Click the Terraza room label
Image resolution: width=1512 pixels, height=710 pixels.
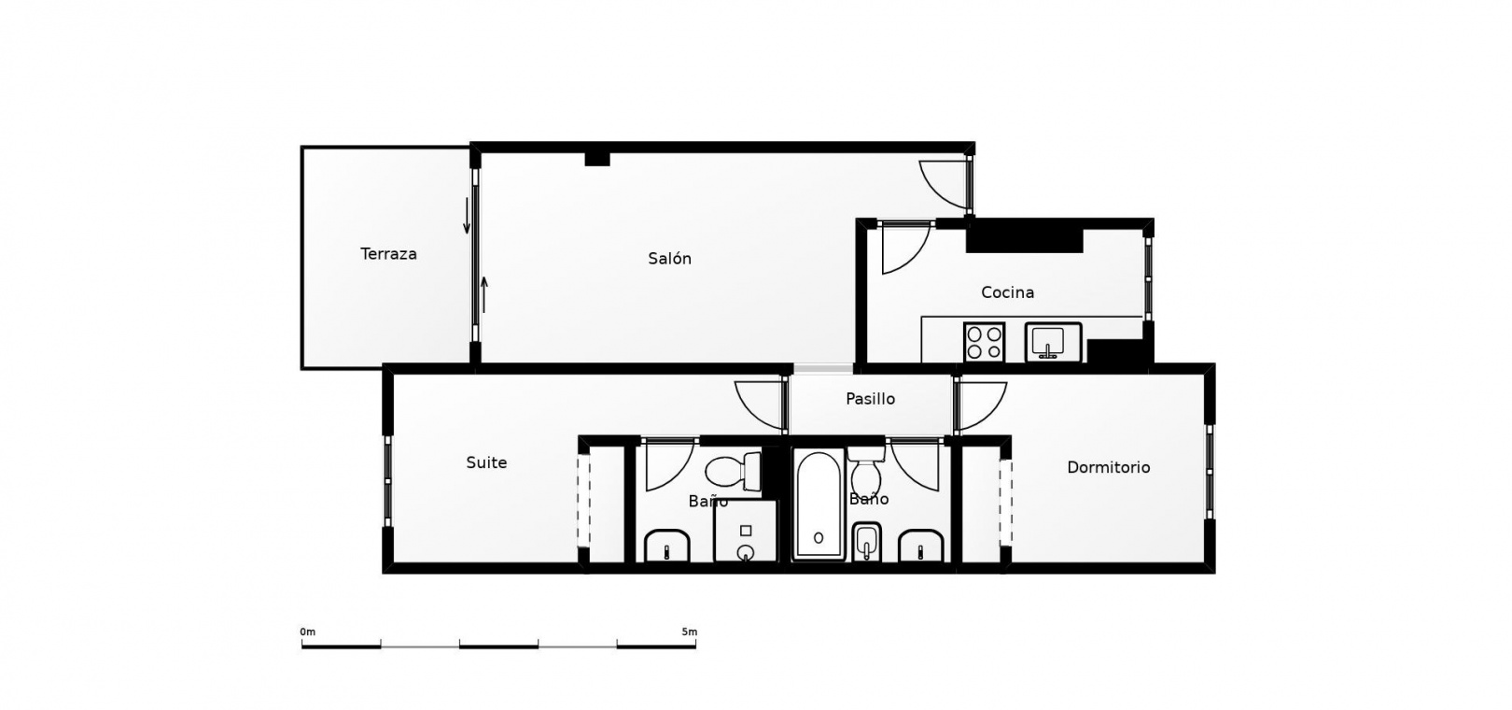point(388,254)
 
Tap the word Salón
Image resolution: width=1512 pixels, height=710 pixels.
point(669,258)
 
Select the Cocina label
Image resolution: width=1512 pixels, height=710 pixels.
point(1007,292)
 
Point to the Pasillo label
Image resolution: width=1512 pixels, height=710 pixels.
point(870,399)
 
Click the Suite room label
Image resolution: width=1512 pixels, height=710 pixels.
point(486,462)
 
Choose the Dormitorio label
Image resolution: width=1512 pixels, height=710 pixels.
point(1109,467)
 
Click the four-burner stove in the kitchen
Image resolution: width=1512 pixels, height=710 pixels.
point(985,342)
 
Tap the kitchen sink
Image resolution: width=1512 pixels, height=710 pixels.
point(1053,342)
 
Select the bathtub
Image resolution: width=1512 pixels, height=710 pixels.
point(819,504)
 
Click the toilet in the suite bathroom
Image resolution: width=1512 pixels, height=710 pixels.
point(733,471)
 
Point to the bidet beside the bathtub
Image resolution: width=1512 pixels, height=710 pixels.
point(867,542)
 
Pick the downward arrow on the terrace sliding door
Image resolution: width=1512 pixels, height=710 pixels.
point(467,216)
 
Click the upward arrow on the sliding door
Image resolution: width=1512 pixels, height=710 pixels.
point(484,294)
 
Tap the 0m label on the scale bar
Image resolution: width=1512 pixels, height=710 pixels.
point(308,632)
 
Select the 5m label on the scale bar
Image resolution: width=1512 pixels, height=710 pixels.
point(689,632)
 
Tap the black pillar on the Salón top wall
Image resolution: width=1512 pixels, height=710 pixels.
point(596,159)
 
